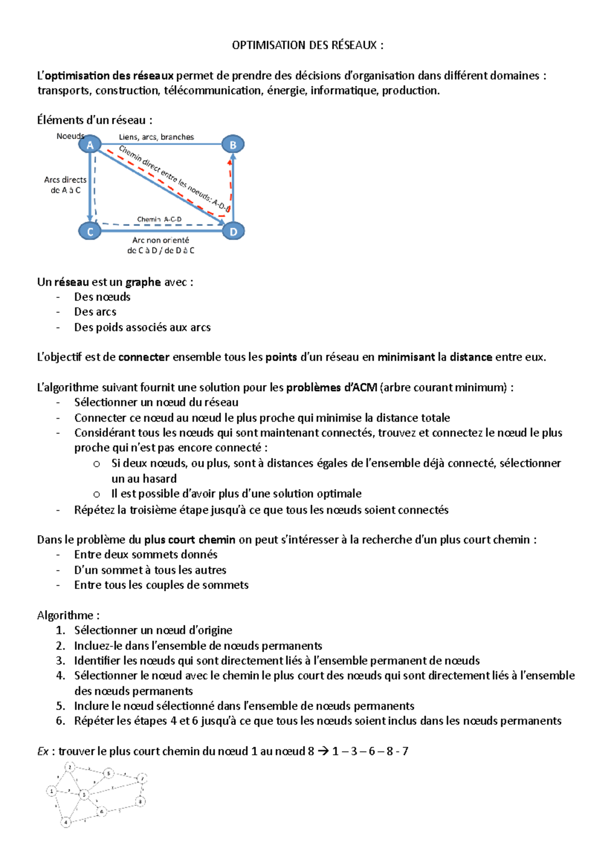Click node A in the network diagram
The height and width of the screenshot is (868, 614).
[x=90, y=145]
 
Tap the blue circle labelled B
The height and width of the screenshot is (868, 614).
[x=233, y=145]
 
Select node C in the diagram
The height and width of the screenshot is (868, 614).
[x=90, y=232]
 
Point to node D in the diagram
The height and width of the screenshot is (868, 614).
[x=233, y=232]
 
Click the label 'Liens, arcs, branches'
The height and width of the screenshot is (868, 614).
[x=156, y=137]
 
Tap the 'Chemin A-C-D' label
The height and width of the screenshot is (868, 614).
[x=159, y=219]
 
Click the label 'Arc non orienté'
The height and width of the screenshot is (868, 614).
[x=161, y=240]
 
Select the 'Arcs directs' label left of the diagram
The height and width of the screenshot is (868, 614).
[x=65, y=180]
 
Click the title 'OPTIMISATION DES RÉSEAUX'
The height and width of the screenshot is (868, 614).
[x=307, y=45]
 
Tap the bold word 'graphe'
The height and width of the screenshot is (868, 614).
[x=143, y=282]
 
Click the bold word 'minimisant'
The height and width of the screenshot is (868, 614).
[x=406, y=357]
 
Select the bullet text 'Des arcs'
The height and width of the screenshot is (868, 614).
[x=95, y=312]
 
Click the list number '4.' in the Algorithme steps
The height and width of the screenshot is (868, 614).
[x=61, y=676]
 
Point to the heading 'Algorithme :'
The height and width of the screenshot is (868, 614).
[x=68, y=615]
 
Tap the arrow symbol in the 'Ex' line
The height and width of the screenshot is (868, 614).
[x=323, y=751]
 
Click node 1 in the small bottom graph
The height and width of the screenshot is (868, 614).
[x=51, y=791]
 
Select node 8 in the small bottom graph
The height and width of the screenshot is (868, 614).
[x=140, y=802]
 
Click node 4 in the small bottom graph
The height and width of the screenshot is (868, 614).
[x=65, y=823]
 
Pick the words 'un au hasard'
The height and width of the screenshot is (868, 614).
[x=144, y=479]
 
